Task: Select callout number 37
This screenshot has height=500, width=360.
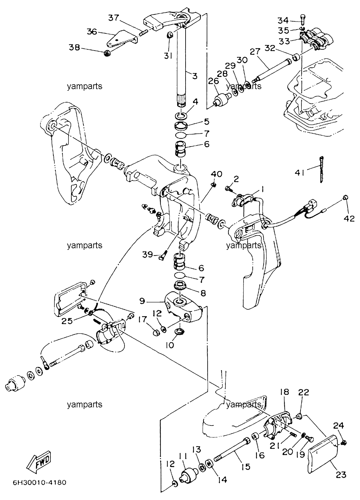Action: pyautogui.click(x=114, y=18)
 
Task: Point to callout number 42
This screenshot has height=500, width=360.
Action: pyautogui.click(x=349, y=219)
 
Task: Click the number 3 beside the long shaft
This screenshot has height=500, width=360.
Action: pyautogui.click(x=195, y=76)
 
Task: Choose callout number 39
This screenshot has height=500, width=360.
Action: pyautogui.click(x=148, y=255)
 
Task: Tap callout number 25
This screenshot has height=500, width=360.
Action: pyautogui.click(x=67, y=321)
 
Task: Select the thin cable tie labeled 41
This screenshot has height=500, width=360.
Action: pyautogui.click(x=321, y=170)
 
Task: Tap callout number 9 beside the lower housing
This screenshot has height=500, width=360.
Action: pyautogui.click(x=142, y=301)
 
